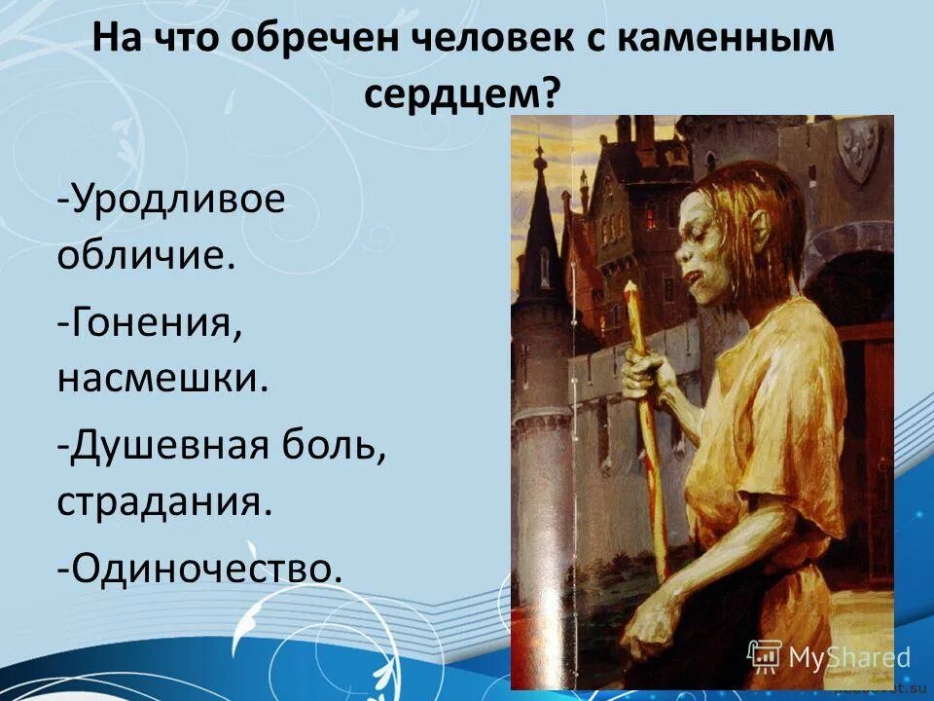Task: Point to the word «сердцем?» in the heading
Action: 464,93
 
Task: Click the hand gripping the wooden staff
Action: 647,375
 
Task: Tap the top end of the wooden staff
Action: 630,289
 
